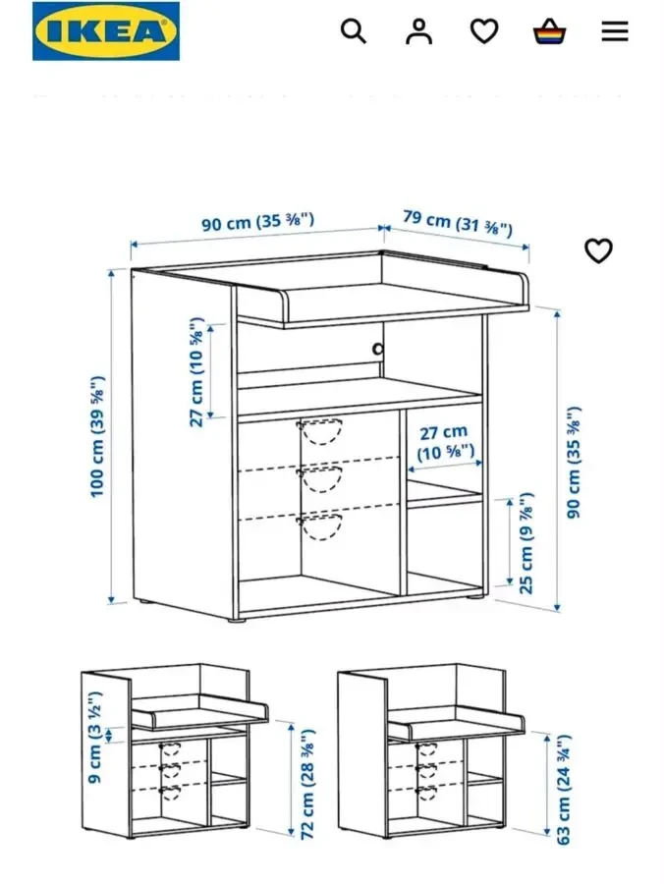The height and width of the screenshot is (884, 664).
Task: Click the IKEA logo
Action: [106, 31]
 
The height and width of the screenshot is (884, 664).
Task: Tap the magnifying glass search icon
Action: [354, 31]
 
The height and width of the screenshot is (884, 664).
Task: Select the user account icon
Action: [418, 31]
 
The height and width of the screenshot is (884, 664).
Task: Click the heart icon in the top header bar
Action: [483, 31]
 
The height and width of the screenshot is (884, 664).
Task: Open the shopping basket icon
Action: [550, 31]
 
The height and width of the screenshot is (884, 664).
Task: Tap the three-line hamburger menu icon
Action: [615, 31]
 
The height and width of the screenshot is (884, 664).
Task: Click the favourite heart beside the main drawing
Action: [598, 251]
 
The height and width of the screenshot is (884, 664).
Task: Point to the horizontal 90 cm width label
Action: [257, 222]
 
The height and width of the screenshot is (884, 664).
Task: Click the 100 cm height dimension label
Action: [98, 436]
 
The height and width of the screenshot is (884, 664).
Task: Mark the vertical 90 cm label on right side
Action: [574, 462]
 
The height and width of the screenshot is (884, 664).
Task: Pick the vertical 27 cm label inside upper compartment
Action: [197, 371]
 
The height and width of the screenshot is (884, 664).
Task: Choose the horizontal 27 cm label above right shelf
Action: [444, 442]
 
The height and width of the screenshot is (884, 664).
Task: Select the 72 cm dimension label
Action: [307, 784]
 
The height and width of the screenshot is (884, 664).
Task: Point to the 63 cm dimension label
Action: [564, 790]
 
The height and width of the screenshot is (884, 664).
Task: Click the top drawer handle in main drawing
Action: [320, 431]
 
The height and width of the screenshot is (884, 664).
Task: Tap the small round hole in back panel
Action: [376, 348]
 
